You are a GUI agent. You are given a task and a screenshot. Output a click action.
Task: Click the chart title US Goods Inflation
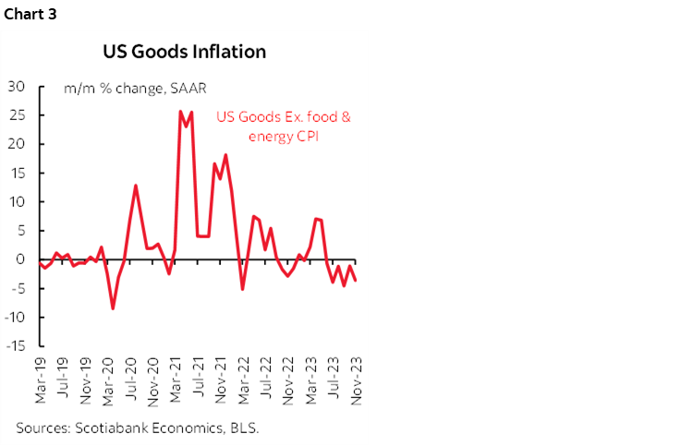pos(184,52)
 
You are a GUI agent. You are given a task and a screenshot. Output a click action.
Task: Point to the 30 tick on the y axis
pos(15,87)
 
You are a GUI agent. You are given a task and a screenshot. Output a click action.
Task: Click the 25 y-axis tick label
pos(15,115)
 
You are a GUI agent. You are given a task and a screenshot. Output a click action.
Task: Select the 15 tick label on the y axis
pos(15,173)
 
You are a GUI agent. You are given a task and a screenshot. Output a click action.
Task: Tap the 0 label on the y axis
pos(19,259)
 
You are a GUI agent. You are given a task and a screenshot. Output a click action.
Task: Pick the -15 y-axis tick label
pos(13,346)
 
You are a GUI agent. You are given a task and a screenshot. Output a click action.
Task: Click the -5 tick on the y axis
pos(16,288)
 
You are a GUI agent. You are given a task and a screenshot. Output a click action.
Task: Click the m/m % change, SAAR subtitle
pos(135,89)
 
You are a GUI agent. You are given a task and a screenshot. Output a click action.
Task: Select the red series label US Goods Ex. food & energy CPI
pos(285,127)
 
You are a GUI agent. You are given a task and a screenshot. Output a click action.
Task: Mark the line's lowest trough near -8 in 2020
pos(113,308)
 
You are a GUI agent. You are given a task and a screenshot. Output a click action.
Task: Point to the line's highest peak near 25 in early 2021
pos(180,111)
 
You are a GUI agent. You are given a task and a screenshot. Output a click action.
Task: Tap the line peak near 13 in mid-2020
pos(136,186)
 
